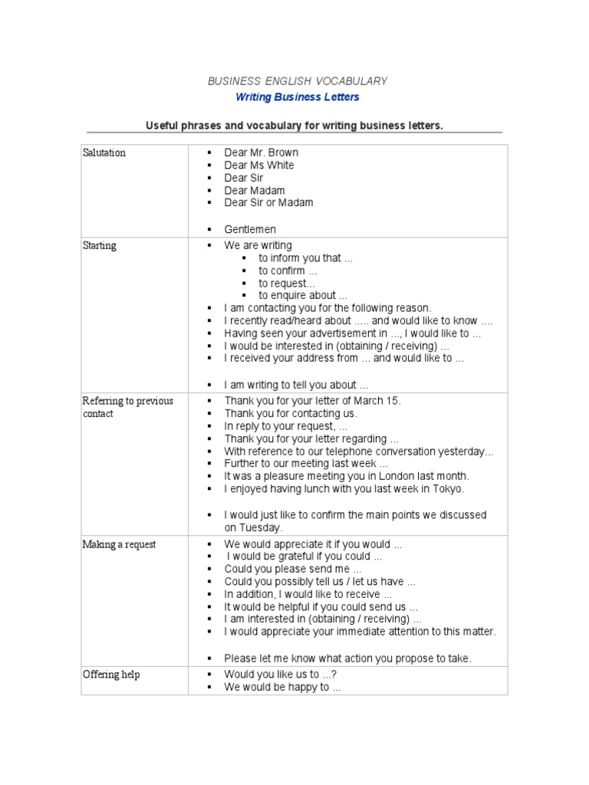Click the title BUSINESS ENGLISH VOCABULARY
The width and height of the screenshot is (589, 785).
coord(298,80)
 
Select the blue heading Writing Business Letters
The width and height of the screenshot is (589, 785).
coord(297,97)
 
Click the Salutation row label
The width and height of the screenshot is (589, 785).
coord(104,153)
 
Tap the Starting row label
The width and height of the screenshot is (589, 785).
coord(99,245)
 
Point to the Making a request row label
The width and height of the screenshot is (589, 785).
coord(119,544)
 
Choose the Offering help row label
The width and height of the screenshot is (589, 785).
coord(111,675)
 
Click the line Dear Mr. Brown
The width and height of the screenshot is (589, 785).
coord(261,153)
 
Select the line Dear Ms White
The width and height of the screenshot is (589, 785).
coord(258,165)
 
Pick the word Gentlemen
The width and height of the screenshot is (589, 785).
coord(250,229)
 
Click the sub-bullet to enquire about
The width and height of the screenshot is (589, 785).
coord(302,295)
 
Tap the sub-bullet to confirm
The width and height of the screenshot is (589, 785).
coord(287,271)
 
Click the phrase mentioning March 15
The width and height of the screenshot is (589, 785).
coord(312,401)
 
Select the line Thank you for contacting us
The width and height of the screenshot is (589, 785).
coord(290,413)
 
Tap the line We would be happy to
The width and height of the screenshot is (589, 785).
coord(281,687)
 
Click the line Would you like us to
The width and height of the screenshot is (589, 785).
coord(281,675)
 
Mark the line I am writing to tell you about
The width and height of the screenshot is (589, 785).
coord(296,385)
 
